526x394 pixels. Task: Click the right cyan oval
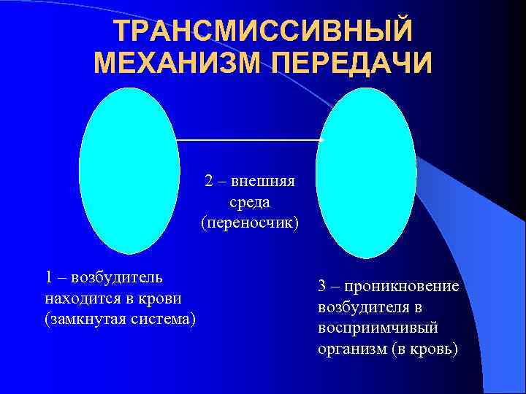365,173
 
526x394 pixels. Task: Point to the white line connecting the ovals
248,139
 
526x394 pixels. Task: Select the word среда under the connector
250,201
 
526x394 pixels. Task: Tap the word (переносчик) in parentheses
250,221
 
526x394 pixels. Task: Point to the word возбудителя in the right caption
363,307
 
